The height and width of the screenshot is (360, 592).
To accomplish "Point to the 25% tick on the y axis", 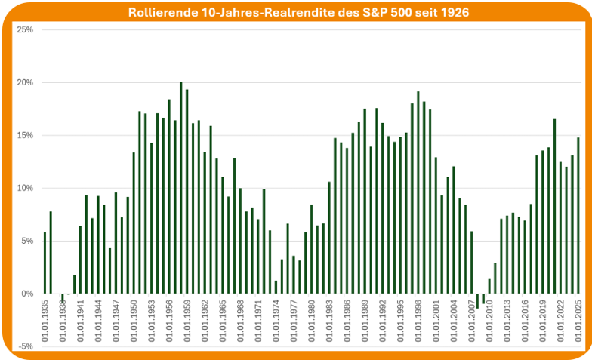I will point(26,29).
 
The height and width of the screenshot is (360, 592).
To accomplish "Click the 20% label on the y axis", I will point(26,82).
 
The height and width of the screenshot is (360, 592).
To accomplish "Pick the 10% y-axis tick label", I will point(26,188).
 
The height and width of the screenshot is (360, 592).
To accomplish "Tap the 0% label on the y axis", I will point(28,294).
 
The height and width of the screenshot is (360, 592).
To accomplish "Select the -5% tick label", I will point(26,346).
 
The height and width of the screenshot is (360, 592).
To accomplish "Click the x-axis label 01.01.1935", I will point(45,321).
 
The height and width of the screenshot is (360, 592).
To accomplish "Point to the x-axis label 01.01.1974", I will point(276,321).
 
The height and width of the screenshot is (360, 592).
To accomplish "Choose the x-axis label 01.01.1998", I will point(418,321).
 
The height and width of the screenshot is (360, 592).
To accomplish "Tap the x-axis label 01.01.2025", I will point(578,321).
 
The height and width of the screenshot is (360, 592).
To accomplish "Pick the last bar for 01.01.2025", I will point(578,215).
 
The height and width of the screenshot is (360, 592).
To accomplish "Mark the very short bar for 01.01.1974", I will point(276,287).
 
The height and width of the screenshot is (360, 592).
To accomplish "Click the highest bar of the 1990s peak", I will point(418,192).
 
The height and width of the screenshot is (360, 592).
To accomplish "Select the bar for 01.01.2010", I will point(489,286).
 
